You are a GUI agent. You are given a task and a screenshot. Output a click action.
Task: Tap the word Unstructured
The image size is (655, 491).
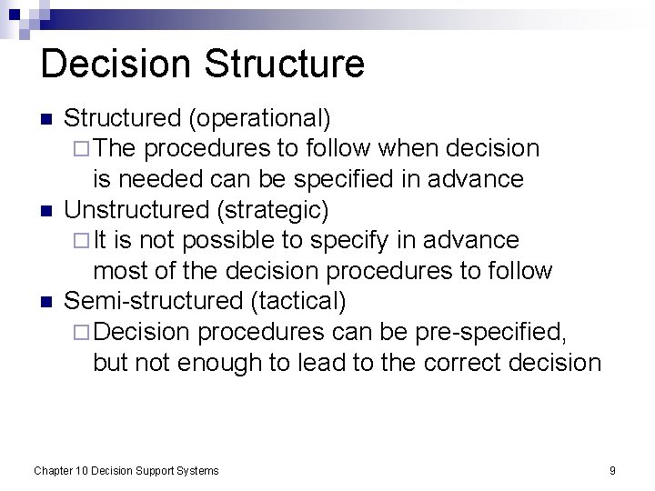(136, 210)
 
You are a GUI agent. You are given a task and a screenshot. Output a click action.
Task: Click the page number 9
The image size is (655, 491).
(612, 471)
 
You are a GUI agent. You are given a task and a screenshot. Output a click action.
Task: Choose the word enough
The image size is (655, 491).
(208, 363)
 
